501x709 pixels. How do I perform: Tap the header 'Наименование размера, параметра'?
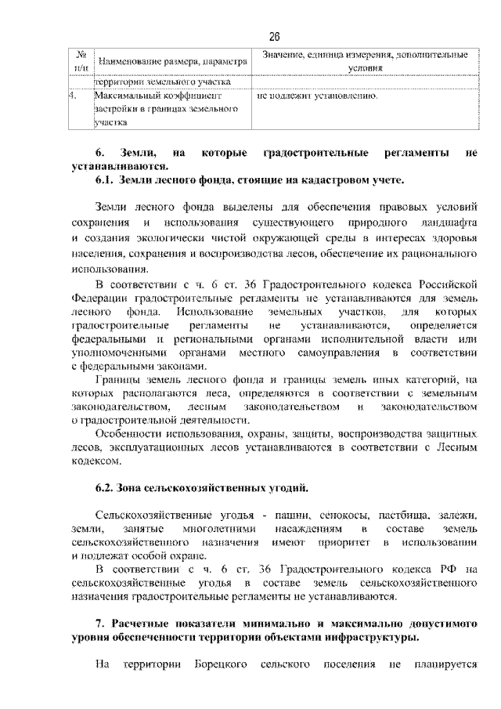coord(171,61)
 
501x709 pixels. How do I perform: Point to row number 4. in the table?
coord(73,96)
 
